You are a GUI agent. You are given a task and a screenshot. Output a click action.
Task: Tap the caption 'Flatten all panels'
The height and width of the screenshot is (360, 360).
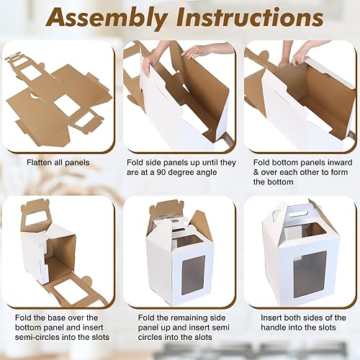click(x=57, y=163)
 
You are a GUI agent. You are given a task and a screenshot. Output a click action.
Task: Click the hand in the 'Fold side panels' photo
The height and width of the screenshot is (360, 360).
click(x=195, y=51)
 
